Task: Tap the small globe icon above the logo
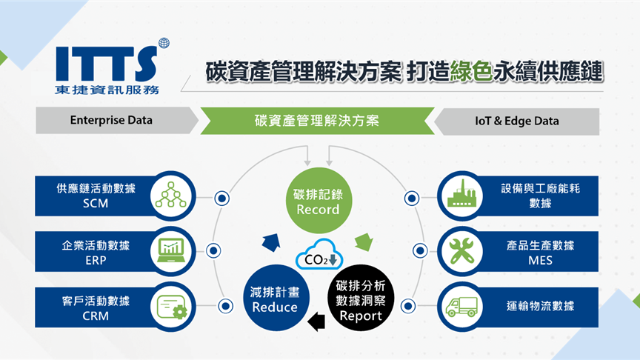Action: pyautogui.click(x=164, y=43)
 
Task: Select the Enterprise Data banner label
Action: pyautogui.click(x=111, y=120)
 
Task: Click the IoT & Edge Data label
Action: pyautogui.click(x=517, y=121)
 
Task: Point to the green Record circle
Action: pyautogui.click(x=319, y=201)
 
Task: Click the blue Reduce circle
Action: pyautogui.click(x=275, y=298)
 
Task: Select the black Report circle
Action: pyautogui.click(x=361, y=298)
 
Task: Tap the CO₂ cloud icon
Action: pyautogui.click(x=319, y=255)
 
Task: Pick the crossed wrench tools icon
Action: pyautogui.click(x=461, y=250)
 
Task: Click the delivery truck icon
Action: pyautogui.click(x=461, y=307)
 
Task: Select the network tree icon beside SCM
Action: pyautogui.click(x=171, y=195)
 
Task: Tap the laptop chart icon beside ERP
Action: pyautogui.click(x=171, y=250)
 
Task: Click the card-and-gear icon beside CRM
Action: pyautogui.click(x=172, y=307)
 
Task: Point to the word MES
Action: pyautogui.click(x=541, y=261)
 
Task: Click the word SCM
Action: pyautogui.click(x=96, y=203)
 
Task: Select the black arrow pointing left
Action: pyautogui.click(x=316, y=322)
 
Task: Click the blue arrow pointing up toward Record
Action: pyautogui.click(x=271, y=242)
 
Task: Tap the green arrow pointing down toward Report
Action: pyautogui.click(x=364, y=241)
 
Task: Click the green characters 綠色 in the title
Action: pyautogui.click(x=471, y=71)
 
